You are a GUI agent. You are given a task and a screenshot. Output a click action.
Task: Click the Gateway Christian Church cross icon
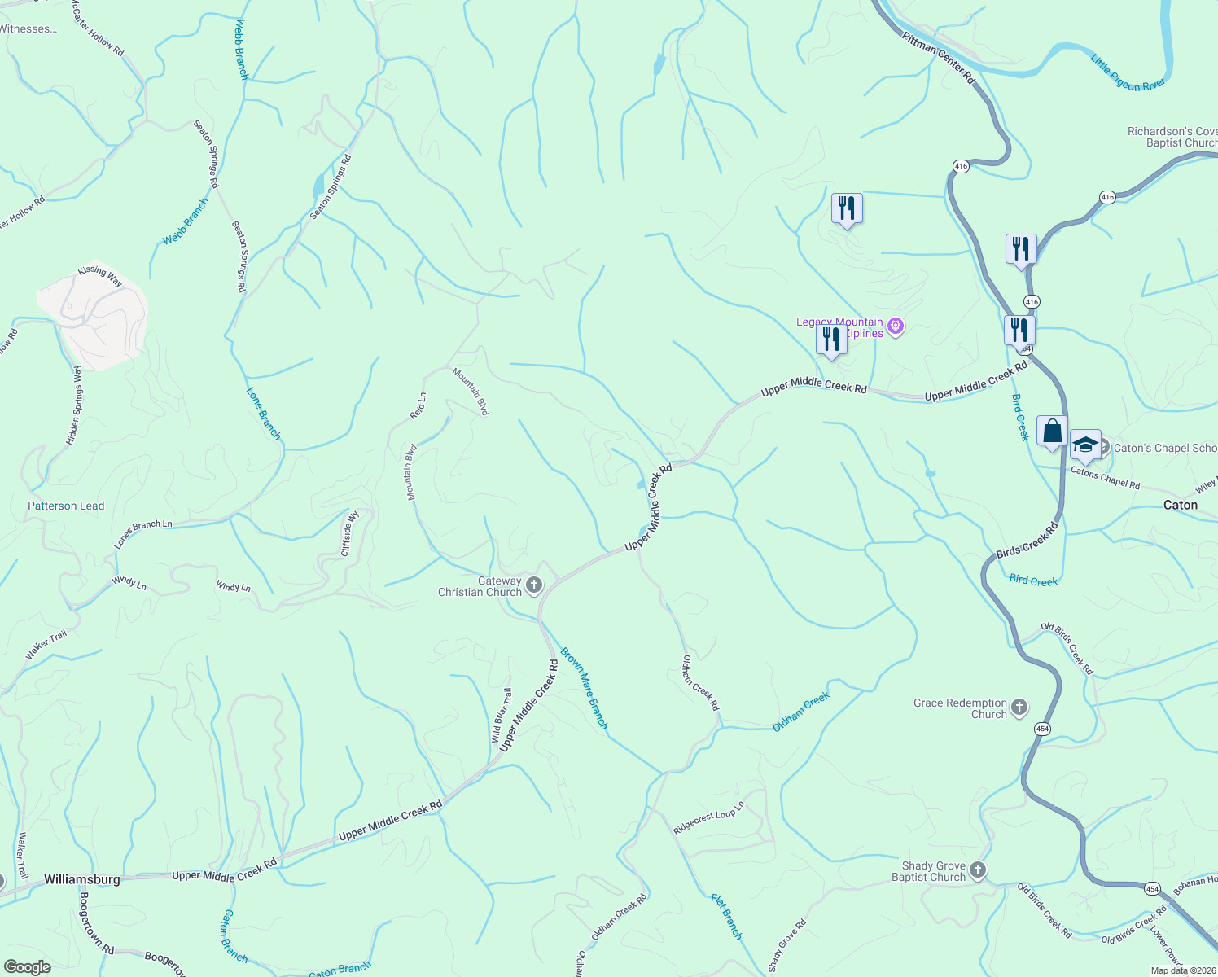click(534, 585)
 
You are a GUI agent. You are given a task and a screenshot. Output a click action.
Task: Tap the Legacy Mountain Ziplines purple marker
click(896, 327)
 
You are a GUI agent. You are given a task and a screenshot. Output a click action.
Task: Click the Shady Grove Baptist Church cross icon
click(978, 871)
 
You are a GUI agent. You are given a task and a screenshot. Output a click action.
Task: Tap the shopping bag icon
click(1052, 432)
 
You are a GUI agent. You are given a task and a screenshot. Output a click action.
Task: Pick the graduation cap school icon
click(1085, 445)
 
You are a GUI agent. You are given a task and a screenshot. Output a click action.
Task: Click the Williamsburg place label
click(82, 879)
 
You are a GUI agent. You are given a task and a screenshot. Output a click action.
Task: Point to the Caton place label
click(1180, 505)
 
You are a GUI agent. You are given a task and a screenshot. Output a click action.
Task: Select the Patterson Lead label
click(66, 506)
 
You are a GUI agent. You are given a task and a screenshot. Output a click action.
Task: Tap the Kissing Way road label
click(100, 276)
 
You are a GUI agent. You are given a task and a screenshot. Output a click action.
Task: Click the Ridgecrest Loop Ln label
click(709, 819)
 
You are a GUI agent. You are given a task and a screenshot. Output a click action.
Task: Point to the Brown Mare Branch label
click(584, 688)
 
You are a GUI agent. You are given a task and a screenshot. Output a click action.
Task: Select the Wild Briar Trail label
click(502, 716)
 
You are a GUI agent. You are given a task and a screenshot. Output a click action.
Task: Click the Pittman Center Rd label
click(938, 58)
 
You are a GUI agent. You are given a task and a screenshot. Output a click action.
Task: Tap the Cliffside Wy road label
click(350, 533)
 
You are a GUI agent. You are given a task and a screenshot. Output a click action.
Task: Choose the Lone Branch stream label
click(263, 414)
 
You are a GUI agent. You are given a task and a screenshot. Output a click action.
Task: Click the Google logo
click(27, 967)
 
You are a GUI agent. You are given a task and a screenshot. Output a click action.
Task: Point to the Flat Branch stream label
click(726, 917)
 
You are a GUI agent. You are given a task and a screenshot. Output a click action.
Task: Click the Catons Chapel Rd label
click(1105, 478)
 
